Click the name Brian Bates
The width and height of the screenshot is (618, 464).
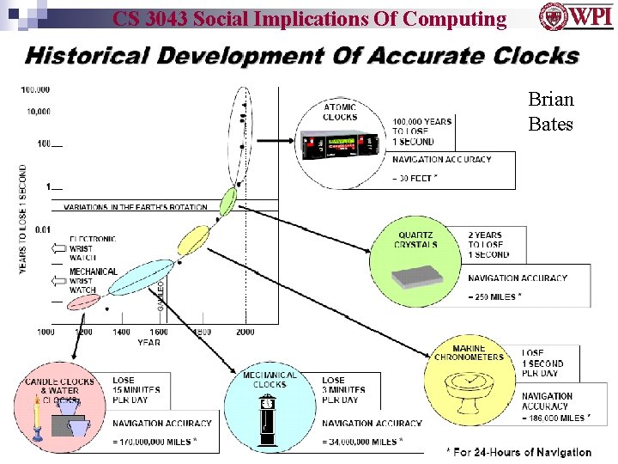tap(550, 112)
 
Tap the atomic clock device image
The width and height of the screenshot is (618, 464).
tap(341, 144)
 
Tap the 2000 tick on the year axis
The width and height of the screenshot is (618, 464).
tap(245, 332)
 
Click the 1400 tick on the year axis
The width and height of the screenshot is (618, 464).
tap(121, 332)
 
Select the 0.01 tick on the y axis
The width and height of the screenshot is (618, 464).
tap(40, 229)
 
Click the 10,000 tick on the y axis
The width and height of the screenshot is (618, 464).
tap(37, 111)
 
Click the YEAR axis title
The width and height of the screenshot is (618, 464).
tap(148, 342)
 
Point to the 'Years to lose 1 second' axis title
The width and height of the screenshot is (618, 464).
tap(23, 219)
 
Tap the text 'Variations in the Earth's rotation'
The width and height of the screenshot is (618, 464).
tap(136, 207)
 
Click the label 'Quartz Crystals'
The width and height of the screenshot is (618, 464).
tap(417, 240)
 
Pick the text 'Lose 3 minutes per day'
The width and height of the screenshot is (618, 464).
tap(343, 389)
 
